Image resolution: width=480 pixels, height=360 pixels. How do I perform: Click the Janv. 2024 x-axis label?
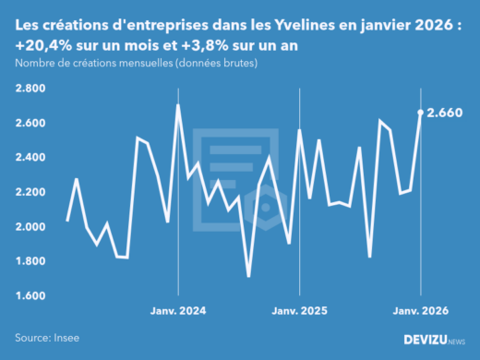177,311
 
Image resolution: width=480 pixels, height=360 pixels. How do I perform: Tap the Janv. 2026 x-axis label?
421,311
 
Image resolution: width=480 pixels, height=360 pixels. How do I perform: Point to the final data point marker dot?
421,113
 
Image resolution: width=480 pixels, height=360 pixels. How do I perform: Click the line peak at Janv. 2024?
177,105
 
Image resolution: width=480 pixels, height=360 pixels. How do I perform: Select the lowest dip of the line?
248,275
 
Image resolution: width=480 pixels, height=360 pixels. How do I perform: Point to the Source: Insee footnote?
47,339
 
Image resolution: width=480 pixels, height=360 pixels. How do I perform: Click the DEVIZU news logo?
435,340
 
